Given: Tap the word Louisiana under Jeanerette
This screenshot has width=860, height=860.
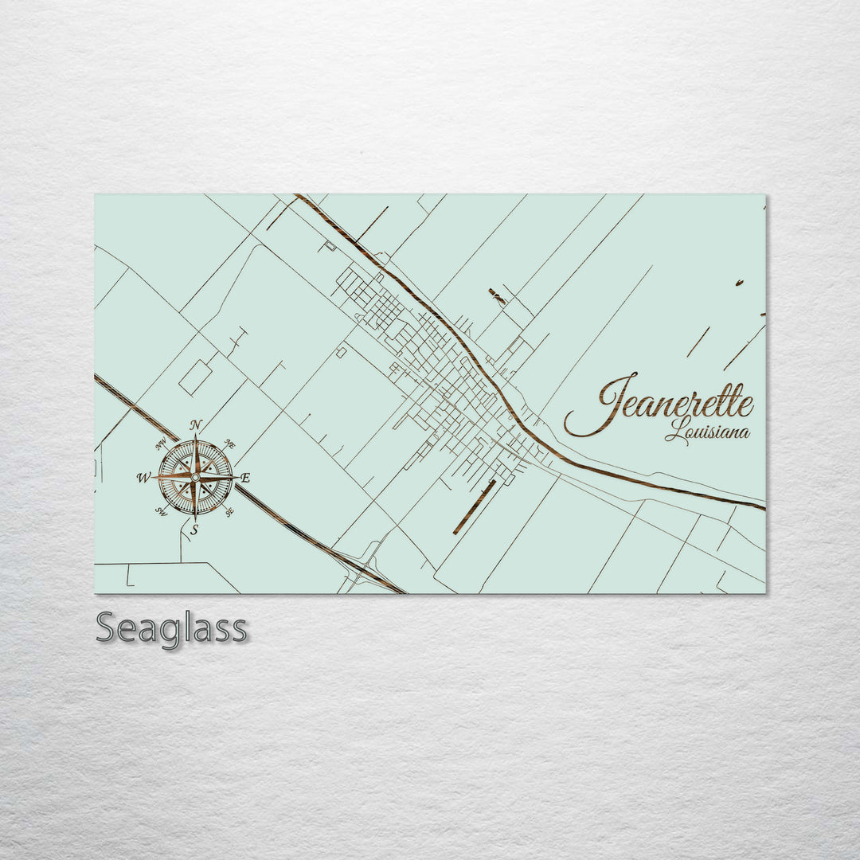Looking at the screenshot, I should [708, 433].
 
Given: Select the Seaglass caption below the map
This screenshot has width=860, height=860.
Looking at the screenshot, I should [171, 628].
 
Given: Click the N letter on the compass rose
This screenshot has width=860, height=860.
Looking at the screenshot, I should [196, 424].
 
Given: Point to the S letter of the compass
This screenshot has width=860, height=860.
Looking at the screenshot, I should [194, 529].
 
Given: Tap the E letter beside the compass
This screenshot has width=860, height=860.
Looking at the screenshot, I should [245, 478].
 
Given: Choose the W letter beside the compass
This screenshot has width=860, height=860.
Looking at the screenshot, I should [144, 478].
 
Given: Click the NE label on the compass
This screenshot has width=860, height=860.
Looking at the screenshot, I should [229, 444].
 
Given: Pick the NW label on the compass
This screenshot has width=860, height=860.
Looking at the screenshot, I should [162, 444].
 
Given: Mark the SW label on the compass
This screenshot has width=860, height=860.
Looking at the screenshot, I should [162, 511].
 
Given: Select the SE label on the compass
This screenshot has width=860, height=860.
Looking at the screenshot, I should [229, 511].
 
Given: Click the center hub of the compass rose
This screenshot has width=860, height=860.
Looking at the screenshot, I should [195, 477].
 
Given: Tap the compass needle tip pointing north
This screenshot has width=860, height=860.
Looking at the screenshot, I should [196, 437].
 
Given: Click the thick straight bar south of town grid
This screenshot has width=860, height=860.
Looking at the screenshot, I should [475, 506].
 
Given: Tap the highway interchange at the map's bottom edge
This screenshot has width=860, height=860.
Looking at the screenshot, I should [362, 569].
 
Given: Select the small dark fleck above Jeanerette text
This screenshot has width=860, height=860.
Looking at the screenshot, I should [739, 283].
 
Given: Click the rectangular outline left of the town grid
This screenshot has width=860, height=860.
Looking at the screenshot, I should [195, 377].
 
